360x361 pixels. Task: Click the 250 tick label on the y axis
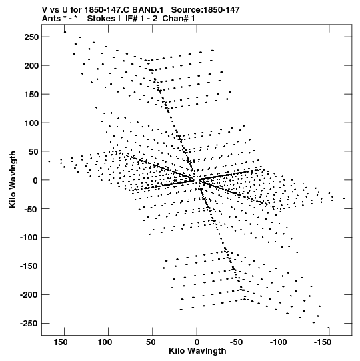tap(31, 37)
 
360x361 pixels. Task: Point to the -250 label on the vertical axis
tap(29, 324)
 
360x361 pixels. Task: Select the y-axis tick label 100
tap(31, 123)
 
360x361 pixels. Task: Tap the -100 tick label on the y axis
tap(29, 238)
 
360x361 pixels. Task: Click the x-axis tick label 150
tap(61, 342)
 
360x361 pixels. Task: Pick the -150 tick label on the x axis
tap(323, 342)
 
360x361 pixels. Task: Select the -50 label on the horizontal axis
tap(236, 342)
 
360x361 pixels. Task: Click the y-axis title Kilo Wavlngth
tap(13, 179)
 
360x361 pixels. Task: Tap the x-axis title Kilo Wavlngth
tap(197, 351)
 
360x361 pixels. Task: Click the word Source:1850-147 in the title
tap(205, 10)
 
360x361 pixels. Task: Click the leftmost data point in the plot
tap(49, 161)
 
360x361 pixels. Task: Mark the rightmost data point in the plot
tap(345, 198)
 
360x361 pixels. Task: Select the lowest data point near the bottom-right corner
tap(329, 328)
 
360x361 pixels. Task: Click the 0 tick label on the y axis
tap(35, 180)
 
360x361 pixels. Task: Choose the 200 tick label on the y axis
tap(31, 66)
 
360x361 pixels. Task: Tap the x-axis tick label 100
tap(105, 342)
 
